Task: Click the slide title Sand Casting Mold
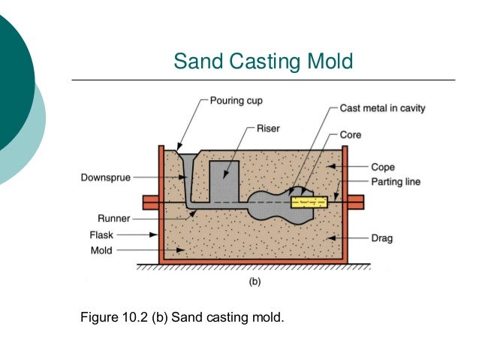coord(263,59)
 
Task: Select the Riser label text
coord(267,128)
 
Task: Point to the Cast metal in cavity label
coord(382,108)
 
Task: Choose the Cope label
coord(383,167)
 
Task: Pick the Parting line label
coord(396,181)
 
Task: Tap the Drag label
coord(382,238)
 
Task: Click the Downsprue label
coord(107,178)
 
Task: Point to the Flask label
coord(101,234)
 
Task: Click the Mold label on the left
coord(102,250)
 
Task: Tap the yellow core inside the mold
coord(310,202)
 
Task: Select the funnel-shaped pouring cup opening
coord(187,157)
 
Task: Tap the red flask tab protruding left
coord(149,202)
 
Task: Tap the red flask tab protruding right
coord(355,202)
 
